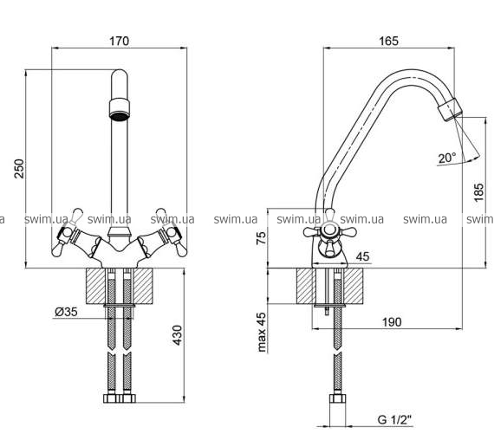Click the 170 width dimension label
[x=119, y=42]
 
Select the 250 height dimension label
[x=20, y=169]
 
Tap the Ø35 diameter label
[x=66, y=312]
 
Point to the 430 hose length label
[x=178, y=335]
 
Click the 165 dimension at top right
[x=389, y=41]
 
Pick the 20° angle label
[x=447, y=158]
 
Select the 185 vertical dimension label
[x=478, y=192]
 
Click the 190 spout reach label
[x=392, y=322]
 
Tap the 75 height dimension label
[x=261, y=238]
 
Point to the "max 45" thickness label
[x=262, y=332]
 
